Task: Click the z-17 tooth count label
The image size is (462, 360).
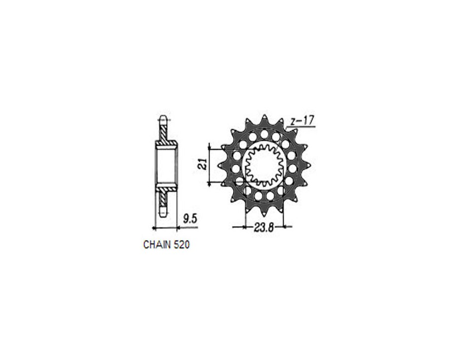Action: [x=301, y=121]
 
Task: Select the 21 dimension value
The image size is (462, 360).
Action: [x=203, y=164]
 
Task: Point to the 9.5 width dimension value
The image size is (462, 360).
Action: [x=189, y=218]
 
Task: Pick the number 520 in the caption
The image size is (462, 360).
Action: [x=182, y=245]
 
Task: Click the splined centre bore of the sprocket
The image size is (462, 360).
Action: [x=264, y=165]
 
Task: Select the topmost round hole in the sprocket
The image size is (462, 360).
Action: [x=264, y=134]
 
